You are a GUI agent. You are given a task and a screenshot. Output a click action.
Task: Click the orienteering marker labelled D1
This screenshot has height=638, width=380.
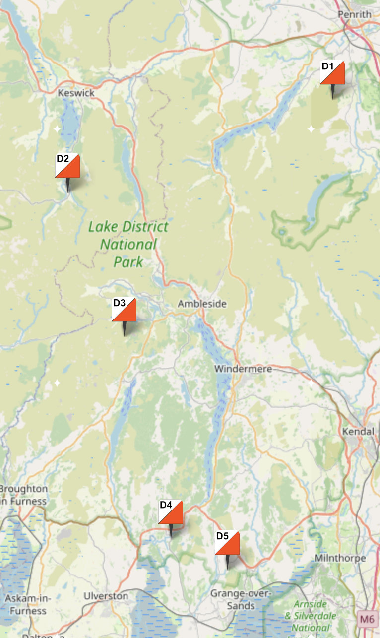coord(332,73)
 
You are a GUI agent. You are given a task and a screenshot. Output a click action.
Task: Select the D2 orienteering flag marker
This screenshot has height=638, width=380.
coord(67,166)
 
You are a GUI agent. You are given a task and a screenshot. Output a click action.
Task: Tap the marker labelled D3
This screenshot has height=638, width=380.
coord(124,310)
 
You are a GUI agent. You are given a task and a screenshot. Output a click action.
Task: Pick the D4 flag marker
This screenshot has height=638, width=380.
coord(171,512)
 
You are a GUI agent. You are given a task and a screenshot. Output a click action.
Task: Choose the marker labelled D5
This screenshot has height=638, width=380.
coord(227,543)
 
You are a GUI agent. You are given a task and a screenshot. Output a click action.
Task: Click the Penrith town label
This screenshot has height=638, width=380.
coord(354,14)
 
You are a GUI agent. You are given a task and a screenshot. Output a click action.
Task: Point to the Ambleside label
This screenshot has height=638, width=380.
coord(202,304)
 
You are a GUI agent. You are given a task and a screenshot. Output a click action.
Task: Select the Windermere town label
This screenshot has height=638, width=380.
coord(236,369)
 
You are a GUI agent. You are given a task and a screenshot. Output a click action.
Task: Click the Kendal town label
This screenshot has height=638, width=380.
coord(358,432)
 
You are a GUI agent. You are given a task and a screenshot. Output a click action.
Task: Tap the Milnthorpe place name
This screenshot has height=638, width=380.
coord(340,558)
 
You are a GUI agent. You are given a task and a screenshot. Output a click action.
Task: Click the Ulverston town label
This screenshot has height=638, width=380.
coord(106,596)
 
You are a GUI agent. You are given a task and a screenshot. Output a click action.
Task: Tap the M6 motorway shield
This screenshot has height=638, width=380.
coord(366,619)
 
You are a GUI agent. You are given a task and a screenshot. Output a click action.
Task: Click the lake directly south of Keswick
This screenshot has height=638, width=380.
coord(70,122)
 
